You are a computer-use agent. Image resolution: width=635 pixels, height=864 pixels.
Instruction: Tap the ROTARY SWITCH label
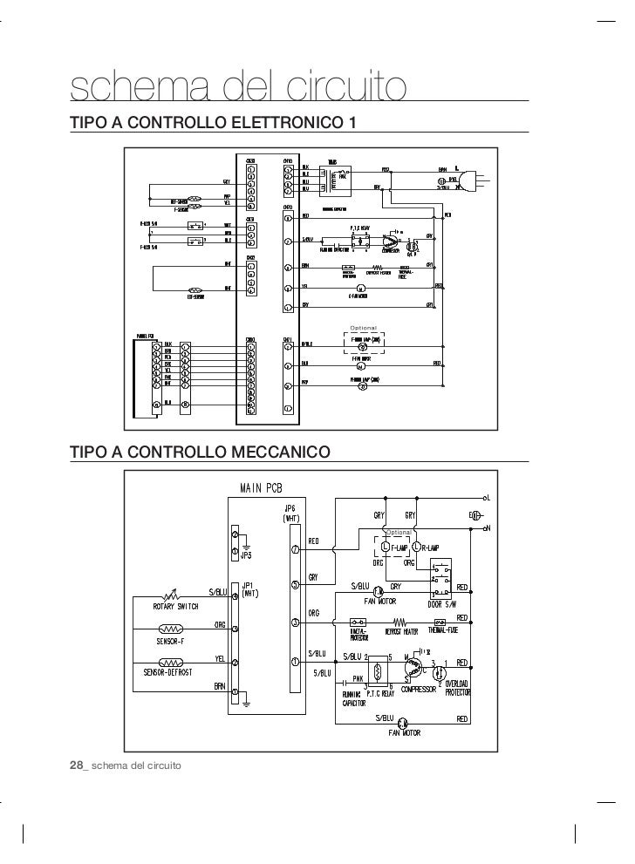pyautogui.click(x=175, y=606)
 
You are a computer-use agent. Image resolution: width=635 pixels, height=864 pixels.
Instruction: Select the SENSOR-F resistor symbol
pyautogui.click(x=170, y=628)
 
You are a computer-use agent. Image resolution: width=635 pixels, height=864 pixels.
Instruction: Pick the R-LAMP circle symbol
pyautogui.click(x=415, y=548)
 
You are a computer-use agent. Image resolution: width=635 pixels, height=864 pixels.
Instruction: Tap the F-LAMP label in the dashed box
pyautogui.click(x=396, y=548)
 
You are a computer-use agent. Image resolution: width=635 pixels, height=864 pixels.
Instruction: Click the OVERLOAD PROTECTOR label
pyautogui.click(x=458, y=689)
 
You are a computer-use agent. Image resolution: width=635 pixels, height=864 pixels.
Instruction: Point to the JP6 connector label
pyautogui.click(x=290, y=509)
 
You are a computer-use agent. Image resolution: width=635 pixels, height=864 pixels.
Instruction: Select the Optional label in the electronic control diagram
pyautogui.click(x=364, y=327)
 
